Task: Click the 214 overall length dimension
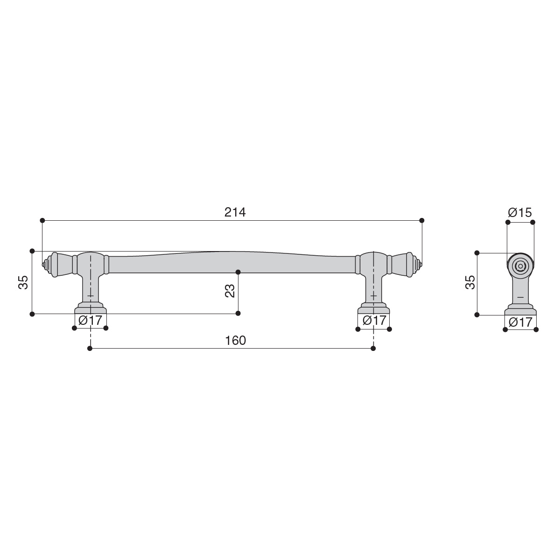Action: pyautogui.click(x=235, y=212)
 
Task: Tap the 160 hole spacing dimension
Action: pyautogui.click(x=235, y=340)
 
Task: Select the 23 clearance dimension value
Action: pyautogui.click(x=230, y=291)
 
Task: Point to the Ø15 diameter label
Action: pyautogui.click(x=520, y=212)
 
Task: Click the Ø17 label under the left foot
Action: pyautogui.click(x=90, y=320)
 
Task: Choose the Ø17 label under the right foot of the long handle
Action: pyautogui.click(x=374, y=320)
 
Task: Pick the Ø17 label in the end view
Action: pyautogui.click(x=520, y=322)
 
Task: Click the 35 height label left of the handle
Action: pyautogui.click(x=23, y=282)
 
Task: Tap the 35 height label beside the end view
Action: pyautogui.click(x=470, y=282)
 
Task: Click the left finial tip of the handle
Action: pyautogui.click(x=43, y=265)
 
